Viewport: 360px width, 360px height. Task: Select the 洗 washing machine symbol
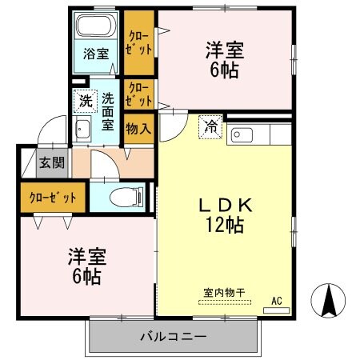tap(84, 102)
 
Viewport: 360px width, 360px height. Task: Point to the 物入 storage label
tap(138, 128)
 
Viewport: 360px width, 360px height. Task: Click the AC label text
tap(277, 301)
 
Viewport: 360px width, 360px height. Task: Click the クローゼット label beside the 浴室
tap(139, 40)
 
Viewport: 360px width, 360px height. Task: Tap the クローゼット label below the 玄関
tap(54, 198)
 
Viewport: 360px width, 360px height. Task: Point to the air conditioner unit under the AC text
tap(277, 310)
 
